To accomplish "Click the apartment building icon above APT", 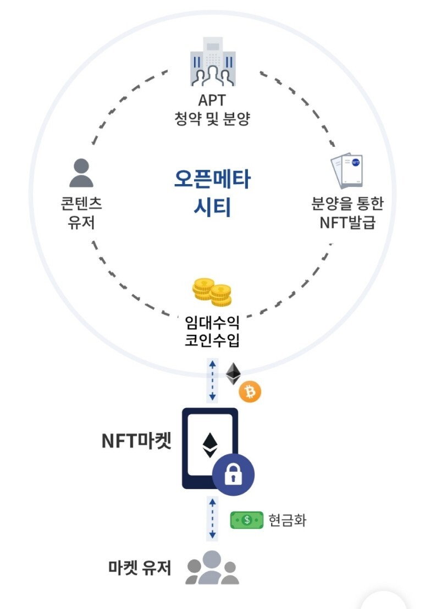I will pyautogui.click(x=212, y=62).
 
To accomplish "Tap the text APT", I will pyautogui.click(x=212, y=101).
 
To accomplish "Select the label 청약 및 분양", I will pyautogui.click(x=212, y=119).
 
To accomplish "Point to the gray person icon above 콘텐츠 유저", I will pyautogui.click(x=81, y=173).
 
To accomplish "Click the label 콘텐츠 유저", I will pyautogui.click(x=81, y=213).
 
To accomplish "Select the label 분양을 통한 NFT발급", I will pyautogui.click(x=347, y=213).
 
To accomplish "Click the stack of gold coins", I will pyautogui.click(x=212, y=291).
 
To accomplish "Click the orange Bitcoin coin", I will pyautogui.click(x=250, y=392).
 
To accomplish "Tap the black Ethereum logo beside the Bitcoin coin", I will pyautogui.click(x=234, y=374).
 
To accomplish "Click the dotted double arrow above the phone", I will pyautogui.click(x=212, y=380).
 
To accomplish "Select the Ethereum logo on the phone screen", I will pyautogui.click(x=209, y=445).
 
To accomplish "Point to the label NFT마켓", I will pyautogui.click(x=136, y=440).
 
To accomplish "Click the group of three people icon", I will pyautogui.click(x=212, y=569).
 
